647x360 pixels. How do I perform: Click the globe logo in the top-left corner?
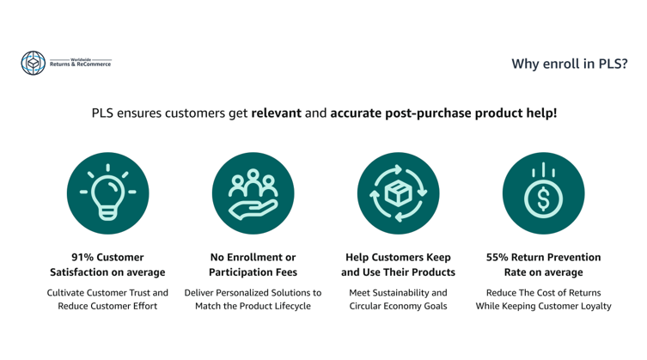[34, 64]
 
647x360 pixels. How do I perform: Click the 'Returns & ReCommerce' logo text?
[81, 64]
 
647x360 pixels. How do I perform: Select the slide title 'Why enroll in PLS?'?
[570, 64]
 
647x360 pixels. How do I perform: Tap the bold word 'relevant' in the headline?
[277, 113]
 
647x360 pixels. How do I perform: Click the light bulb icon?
[107, 192]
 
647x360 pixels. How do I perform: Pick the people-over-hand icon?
[253, 193]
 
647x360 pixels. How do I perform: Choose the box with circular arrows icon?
[398, 193]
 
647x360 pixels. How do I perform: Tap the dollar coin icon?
[543, 191]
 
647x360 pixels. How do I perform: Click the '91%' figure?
[82, 257]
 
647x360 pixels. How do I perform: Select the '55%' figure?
[497, 257]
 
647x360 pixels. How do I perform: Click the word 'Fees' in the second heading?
[284, 272]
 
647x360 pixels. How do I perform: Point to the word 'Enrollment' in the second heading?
[252, 257]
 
